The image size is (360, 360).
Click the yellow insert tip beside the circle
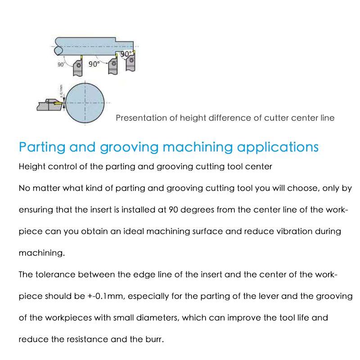[57, 103]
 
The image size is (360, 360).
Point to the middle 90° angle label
[94, 64]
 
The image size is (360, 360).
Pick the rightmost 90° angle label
[126, 54]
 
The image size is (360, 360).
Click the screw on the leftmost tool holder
[79, 66]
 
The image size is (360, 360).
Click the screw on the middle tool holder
[114, 64]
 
